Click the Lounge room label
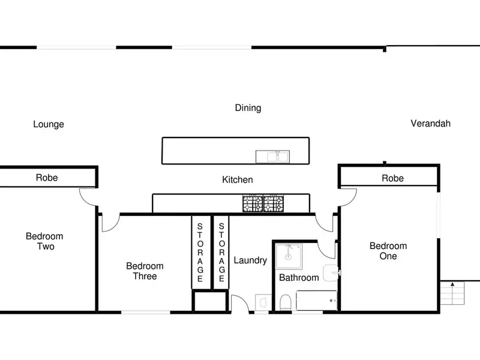[x=49, y=124]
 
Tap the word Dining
[x=248, y=108]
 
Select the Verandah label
[x=430, y=124]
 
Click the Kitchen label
[x=238, y=179]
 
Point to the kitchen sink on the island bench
[x=272, y=157]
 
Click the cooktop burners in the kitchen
[x=263, y=203]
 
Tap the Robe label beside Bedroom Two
[x=47, y=178]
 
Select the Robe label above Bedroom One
[x=393, y=178]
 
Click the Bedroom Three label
[x=145, y=271]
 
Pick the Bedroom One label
[x=388, y=251]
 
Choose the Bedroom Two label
[x=44, y=241]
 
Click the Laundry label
[x=250, y=260]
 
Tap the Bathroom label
[x=299, y=278]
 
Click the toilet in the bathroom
[x=286, y=302]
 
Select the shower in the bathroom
[x=289, y=256]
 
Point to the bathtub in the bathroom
[x=317, y=301]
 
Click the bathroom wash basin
[x=332, y=273]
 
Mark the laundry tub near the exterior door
[x=263, y=303]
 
